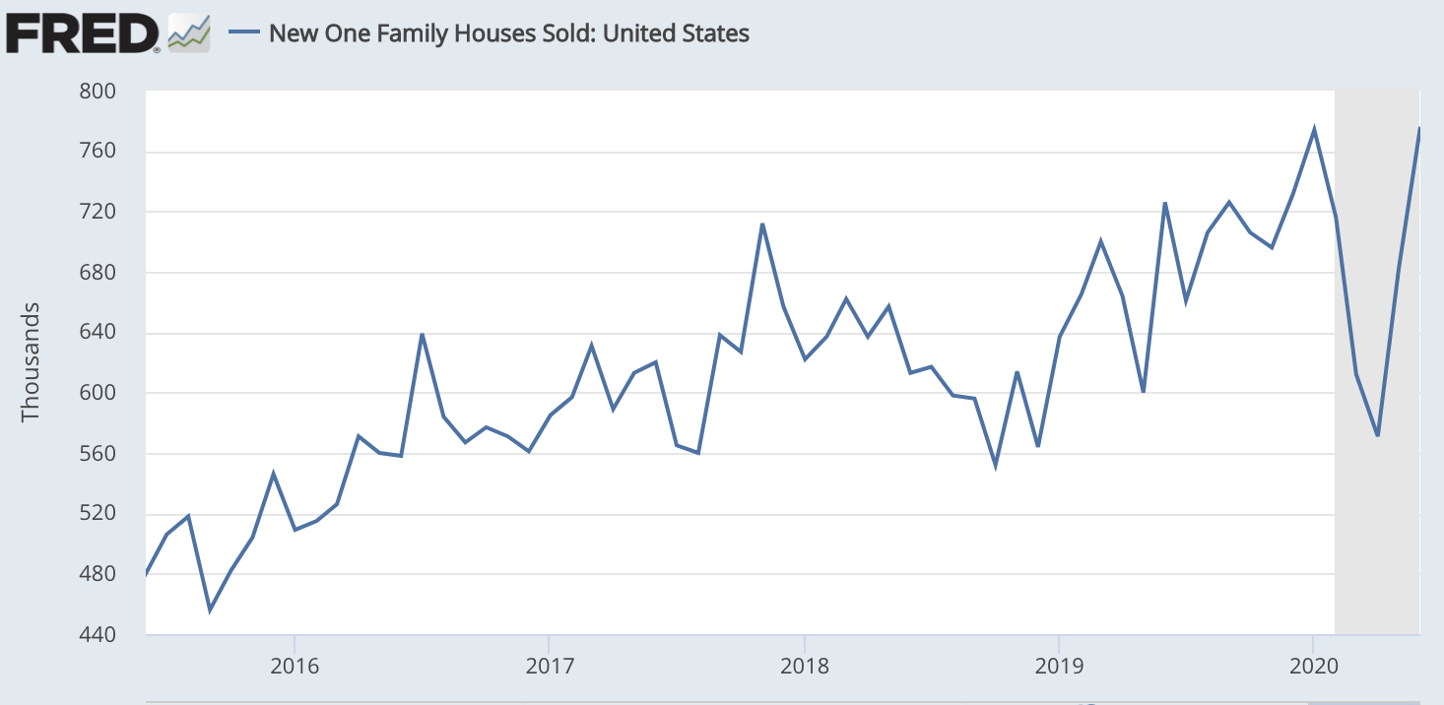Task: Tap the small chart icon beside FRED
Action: [x=188, y=33]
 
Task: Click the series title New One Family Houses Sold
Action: [x=508, y=33]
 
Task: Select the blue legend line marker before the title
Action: [x=243, y=33]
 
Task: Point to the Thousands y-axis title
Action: [x=31, y=362]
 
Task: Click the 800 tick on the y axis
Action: [x=98, y=92]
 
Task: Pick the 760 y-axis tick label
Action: [x=98, y=152]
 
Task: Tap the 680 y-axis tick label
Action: [x=98, y=273]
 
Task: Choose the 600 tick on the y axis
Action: [x=98, y=393]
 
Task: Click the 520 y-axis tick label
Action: [x=98, y=514]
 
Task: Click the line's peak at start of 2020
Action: [x=1314, y=129]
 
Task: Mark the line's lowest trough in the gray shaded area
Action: [x=1378, y=435]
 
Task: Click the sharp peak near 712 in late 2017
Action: [x=762, y=224]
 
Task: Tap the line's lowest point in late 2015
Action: [x=210, y=609]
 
